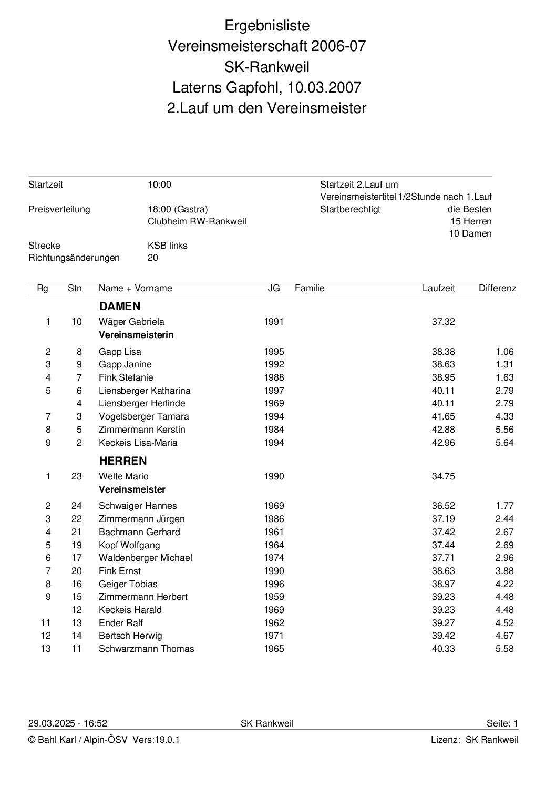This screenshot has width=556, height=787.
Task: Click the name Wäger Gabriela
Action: point(131,322)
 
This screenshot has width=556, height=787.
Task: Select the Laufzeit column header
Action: point(439,288)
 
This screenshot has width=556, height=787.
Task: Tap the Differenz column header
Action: point(497,288)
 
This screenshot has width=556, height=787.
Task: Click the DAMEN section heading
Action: point(120,306)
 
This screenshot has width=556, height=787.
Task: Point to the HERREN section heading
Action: point(123,461)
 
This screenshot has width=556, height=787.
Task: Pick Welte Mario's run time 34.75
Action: point(443,476)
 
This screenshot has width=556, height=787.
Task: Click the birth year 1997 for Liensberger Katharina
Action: point(274,391)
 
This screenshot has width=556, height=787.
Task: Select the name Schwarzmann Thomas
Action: point(146,649)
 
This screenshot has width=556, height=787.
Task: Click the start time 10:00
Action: point(160,185)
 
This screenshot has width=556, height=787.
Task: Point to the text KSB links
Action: point(168,246)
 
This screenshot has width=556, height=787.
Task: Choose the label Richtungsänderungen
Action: point(74,258)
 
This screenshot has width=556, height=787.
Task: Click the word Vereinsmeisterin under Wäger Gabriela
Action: point(136,335)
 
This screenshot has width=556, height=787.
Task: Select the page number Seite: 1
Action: point(502,723)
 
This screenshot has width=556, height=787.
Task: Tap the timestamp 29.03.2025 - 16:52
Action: point(68,723)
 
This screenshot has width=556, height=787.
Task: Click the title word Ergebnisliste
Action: point(267,25)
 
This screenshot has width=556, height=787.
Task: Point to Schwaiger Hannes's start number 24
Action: point(77,506)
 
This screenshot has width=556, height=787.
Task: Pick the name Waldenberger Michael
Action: point(146,558)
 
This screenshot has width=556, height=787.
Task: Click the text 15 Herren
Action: point(471,221)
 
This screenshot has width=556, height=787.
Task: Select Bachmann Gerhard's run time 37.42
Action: point(443,532)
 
